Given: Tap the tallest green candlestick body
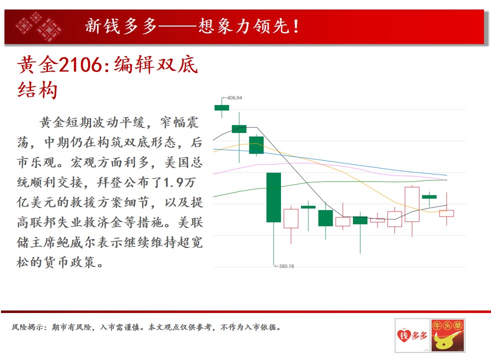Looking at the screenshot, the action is tap(273, 197).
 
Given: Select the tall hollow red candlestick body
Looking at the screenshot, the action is tap(412, 204).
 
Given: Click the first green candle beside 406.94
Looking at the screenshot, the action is tap(221, 107).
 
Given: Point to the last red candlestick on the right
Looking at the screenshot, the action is tap(446, 213).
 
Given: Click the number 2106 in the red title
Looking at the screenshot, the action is tap(80, 64).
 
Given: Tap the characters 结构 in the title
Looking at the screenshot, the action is tap(37, 90).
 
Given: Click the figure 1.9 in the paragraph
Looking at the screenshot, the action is tap(173, 182).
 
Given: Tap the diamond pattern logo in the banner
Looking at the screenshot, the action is tap(39, 26).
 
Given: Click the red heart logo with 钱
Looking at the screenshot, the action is tap(404, 335).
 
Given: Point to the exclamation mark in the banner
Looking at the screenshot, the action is tap(295, 26).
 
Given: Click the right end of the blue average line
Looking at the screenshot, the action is tap(447, 175).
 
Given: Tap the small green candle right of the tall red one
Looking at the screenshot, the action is tap(429, 197).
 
